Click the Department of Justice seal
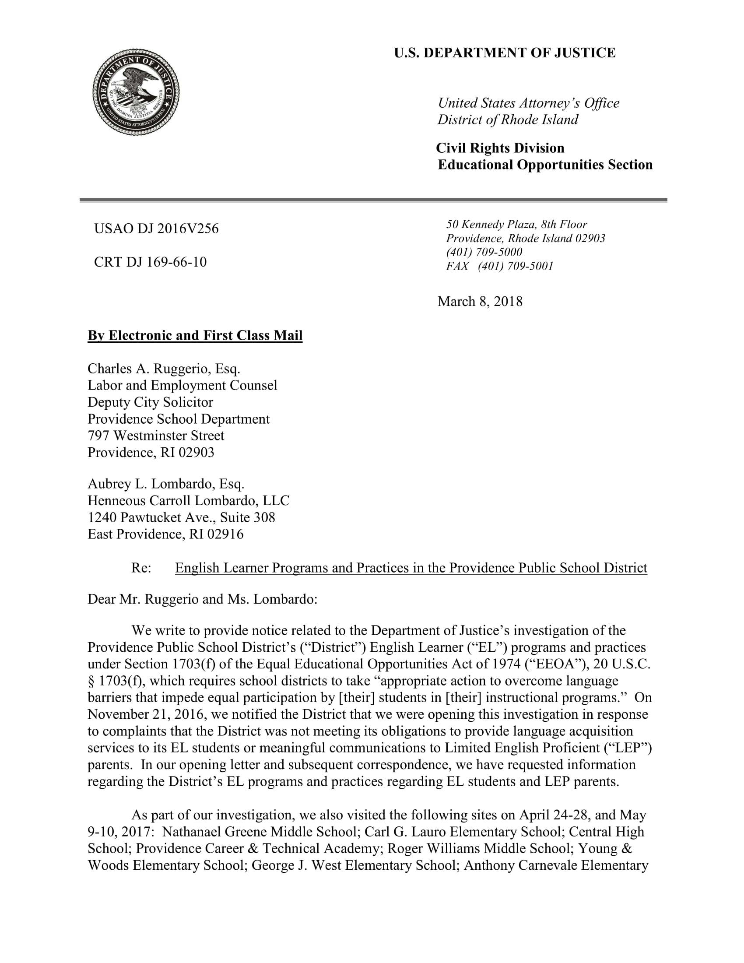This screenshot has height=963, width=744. pyautogui.click(x=136, y=92)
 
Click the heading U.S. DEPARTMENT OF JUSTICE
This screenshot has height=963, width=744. pyautogui.click(x=504, y=53)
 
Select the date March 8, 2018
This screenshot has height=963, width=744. pyautogui.click(x=480, y=302)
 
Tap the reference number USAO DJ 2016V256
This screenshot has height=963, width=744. pyautogui.click(x=156, y=229)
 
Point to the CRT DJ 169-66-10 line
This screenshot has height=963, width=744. pyautogui.click(x=150, y=262)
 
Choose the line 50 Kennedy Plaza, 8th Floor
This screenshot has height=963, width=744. pyautogui.click(x=516, y=225)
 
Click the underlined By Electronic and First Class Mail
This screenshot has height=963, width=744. pyautogui.click(x=195, y=336)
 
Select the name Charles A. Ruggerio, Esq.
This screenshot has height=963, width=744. pyautogui.click(x=164, y=369)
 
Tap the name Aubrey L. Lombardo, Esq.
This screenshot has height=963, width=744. pyautogui.click(x=166, y=484)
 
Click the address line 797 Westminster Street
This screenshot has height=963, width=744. pyautogui.click(x=156, y=436)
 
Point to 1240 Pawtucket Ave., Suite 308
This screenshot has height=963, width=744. pyautogui.click(x=181, y=518)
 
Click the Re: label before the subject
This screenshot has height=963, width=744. pyautogui.click(x=141, y=568)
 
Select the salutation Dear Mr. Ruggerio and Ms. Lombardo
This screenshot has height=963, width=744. pyautogui.click(x=202, y=600)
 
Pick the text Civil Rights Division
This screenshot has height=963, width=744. pyautogui.click(x=500, y=148)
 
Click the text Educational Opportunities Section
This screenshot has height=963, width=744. pyautogui.click(x=545, y=165)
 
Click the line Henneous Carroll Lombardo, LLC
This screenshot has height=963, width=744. pyautogui.click(x=188, y=501)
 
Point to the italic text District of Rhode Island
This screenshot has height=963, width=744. pyautogui.click(x=508, y=120)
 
